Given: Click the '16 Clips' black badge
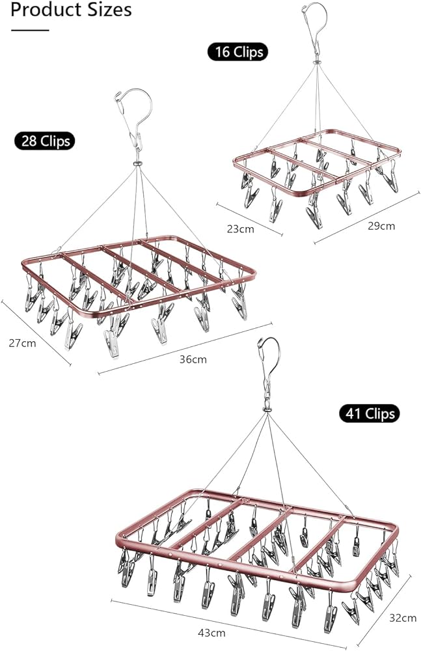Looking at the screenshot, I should coord(238,51).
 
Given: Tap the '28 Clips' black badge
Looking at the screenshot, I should coord(44,140).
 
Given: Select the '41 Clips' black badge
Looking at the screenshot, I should coord(368,413).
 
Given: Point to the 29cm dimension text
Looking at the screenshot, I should coord(381,226).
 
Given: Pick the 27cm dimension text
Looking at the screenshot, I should coord(22,343).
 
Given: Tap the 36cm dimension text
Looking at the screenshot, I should coord(194,359).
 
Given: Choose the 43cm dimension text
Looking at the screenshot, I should coord(211,632).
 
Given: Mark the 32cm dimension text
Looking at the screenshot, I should coord(402,617).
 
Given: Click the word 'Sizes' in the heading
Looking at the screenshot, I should coord(111,10).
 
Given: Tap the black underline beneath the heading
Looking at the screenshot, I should coord(30,29).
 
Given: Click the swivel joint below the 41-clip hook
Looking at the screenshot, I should coord(266,410).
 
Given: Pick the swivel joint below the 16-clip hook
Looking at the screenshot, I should coord(317,63).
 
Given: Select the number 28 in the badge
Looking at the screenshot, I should coord(29,140).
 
